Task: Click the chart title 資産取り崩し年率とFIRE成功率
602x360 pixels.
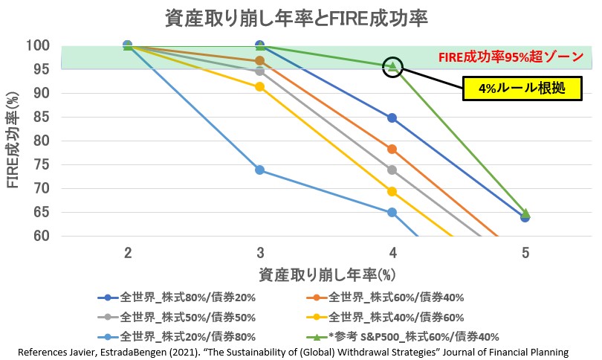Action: pos(300,18)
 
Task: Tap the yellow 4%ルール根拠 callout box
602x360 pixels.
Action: pos(512,88)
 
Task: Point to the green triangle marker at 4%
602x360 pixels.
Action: pos(392,66)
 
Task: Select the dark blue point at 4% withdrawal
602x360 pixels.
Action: pos(392,118)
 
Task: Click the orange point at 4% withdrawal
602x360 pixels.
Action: pos(392,150)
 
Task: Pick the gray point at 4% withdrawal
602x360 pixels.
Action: pos(392,170)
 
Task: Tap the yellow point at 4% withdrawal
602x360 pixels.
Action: pos(392,191)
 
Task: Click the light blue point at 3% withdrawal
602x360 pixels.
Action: pos(260,170)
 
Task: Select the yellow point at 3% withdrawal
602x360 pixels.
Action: pos(260,87)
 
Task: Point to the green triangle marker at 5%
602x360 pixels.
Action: pos(525,213)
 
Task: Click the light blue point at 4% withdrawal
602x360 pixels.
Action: pos(392,213)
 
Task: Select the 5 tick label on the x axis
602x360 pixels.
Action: pos(525,253)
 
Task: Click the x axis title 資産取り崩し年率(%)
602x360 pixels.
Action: pos(326,274)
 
